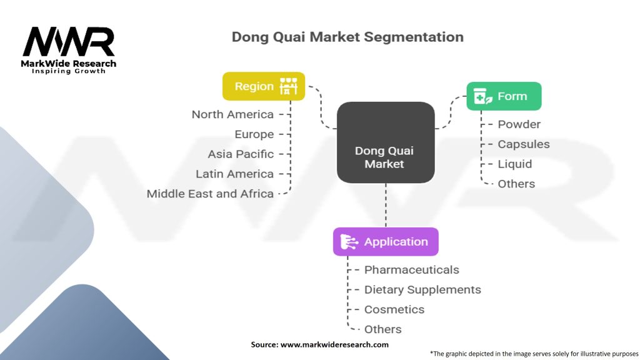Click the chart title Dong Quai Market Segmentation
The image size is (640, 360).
(347, 37)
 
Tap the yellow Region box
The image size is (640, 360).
(264, 86)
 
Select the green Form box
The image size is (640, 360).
(504, 96)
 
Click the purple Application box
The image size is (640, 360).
(386, 242)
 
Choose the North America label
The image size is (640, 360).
(232, 114)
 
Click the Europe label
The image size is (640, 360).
(254, 134)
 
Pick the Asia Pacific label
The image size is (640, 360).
(241, 154)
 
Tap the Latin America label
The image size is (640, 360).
(234, 174)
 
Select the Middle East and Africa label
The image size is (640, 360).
(210, 194)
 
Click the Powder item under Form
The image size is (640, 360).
(519, 124)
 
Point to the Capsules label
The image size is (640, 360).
(523, 144)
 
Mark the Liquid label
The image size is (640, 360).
(514, 164)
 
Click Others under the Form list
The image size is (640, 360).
(516, 184)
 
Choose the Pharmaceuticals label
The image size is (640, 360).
(411, 270)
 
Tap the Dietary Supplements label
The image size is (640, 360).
(422, 290)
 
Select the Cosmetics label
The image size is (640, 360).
(394, 309)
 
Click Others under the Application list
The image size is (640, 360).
(382, 329)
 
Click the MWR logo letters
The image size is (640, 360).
(69, 42)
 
